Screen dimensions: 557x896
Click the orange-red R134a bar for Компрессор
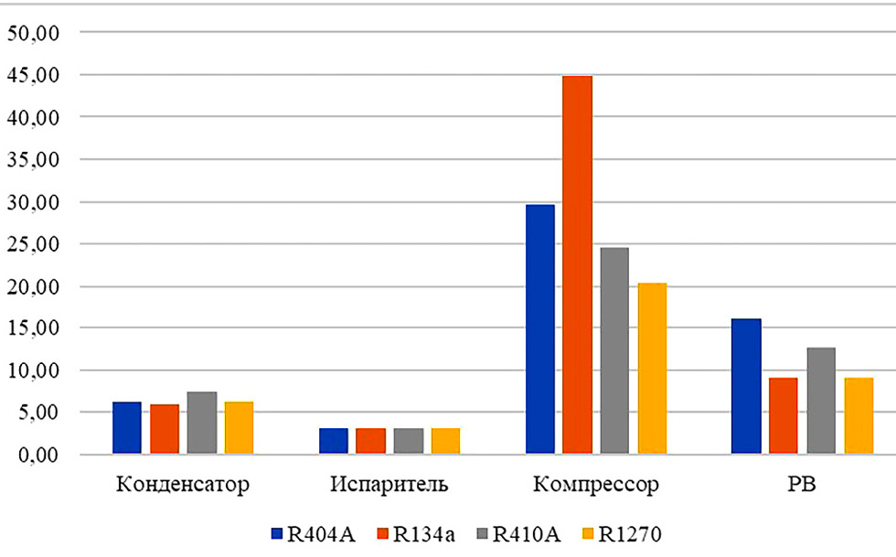[x=577, y=265]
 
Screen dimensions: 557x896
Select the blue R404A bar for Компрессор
[x=540, y=329]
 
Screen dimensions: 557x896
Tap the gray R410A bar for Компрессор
[x=614, y=351]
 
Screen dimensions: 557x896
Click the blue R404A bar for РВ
[x=746, y=386]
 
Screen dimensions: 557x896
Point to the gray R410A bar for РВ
[x=821, y=401]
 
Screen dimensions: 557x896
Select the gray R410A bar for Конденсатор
[x=202, y=423]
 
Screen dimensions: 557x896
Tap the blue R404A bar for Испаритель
[x=334, y=441]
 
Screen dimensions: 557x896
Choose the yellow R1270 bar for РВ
[x=859, y=416]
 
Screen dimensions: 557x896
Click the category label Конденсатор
[x=183, y=484]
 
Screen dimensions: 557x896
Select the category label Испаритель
[x=390, y=484]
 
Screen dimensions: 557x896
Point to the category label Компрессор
[x=596, y=484]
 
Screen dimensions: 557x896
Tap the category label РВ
[x=802, y=484]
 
